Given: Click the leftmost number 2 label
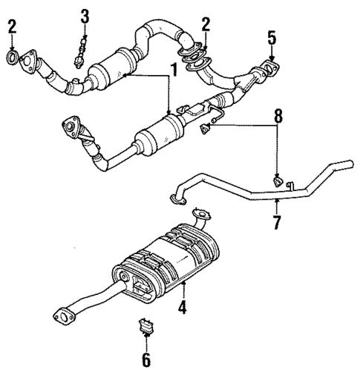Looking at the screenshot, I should pos(10,28).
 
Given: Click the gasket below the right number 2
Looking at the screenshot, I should pos(197,56).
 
